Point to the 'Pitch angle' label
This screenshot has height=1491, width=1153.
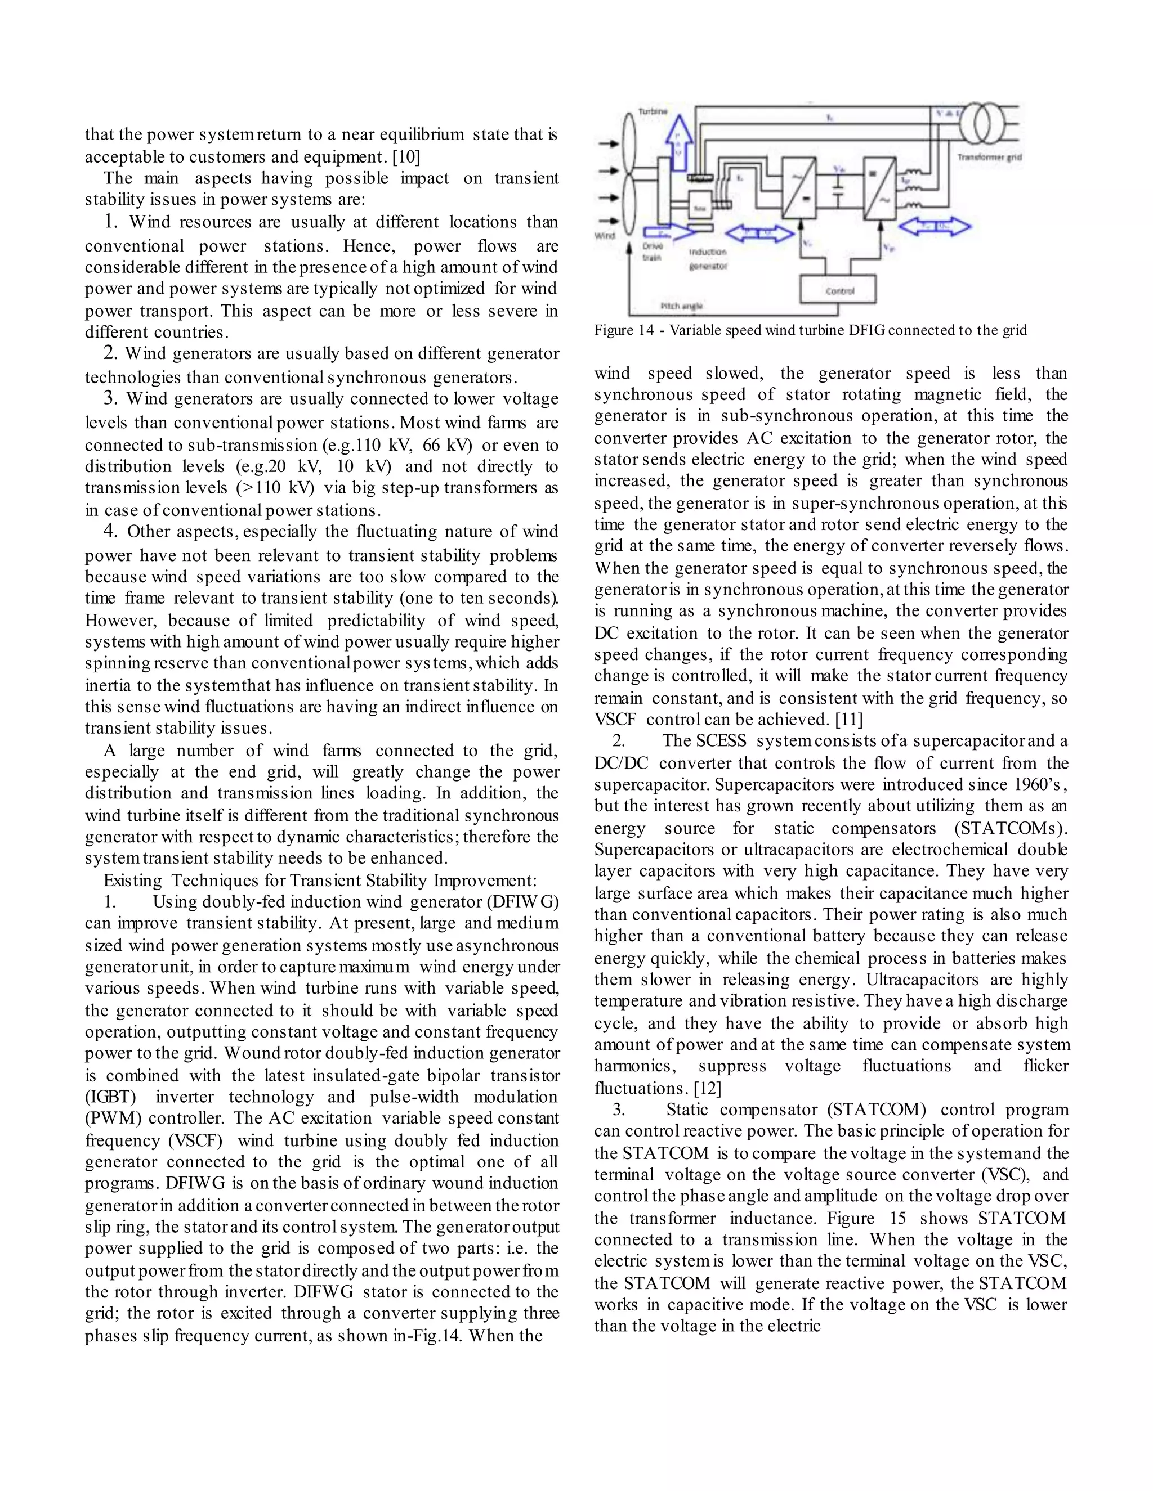(x=681, y=307)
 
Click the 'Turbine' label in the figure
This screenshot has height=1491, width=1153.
(x=653, y=111)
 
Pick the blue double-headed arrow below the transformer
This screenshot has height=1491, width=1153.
(x=934, y=226)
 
